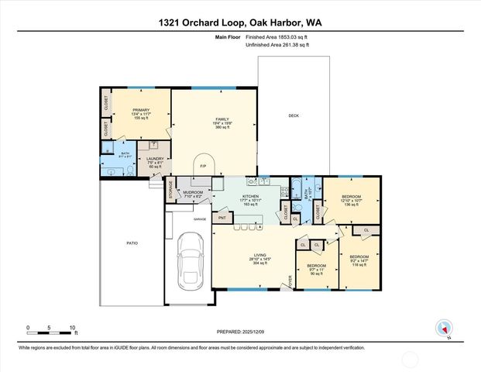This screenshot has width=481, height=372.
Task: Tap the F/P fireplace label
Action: pyautogui.click(x=202, y=166)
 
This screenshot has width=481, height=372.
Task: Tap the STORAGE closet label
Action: pyautogui.click(x=170, y=191)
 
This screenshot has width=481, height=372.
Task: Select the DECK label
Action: pyautogui.click(x=294, y=115)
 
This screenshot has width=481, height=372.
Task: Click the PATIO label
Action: pyautogui.click(x=132, y=243)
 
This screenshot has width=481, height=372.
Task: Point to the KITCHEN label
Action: pyautogui.click(x=249, y=196)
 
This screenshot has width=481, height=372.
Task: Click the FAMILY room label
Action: pyautogui.click(x=201, y=119)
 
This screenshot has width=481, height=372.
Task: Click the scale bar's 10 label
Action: pyautogui.click(x=73, y=327)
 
